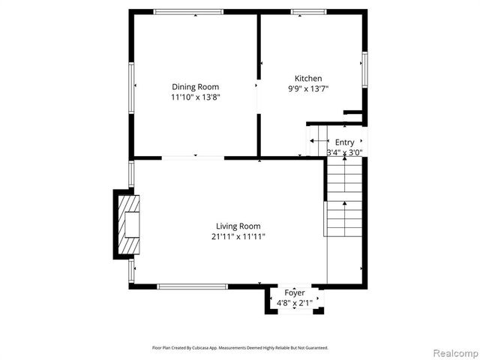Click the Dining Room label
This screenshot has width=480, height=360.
(196, 87)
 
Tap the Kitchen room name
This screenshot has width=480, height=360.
(308, 79)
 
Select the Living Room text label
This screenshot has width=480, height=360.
(238, 226)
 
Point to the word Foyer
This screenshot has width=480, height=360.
(293, 292)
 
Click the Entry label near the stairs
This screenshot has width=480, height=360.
(344, 142)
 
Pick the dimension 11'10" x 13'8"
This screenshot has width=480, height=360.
(196, 97)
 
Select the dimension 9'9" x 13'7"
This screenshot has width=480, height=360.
(308, 88)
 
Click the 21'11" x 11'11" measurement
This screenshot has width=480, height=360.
(238, 236)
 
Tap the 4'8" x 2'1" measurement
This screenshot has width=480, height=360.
(293, 303)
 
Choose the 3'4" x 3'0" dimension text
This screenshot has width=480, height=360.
(344, 152)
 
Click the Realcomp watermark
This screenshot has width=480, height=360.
(451, 352)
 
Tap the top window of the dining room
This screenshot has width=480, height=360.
(188, 11)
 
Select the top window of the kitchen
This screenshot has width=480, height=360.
(308, 11)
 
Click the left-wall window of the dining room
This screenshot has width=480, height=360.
(131, 88)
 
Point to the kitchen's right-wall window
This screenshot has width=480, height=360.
(364, 68)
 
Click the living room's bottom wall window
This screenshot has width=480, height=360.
(192, 286)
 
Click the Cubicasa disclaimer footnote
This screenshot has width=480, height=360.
(240, 348)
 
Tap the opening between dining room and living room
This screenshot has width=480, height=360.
(193, 157)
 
